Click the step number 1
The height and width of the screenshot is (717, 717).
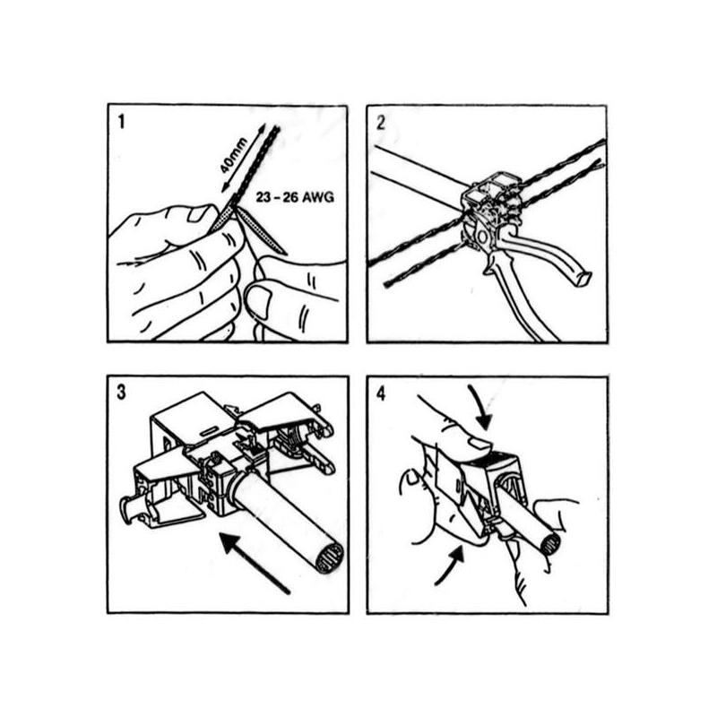[x=121, y=122]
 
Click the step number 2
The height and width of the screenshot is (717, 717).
[x=380, y=123]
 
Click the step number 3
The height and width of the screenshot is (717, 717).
[x=121, y=393]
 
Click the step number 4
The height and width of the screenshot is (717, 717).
[x=381, y=393]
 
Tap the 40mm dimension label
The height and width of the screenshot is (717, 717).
[x=234, y=155]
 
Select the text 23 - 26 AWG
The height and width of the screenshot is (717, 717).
[x=295, y=197]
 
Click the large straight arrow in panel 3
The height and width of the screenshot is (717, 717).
[x=255, y=563]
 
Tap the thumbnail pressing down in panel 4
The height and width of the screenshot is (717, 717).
[x=479, y=442]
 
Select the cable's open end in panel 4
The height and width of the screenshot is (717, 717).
[x=550, y=544]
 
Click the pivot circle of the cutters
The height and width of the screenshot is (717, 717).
[x=482, y=237]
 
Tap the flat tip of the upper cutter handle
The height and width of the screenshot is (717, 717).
[x=581, y=278]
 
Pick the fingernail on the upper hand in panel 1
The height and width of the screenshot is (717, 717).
[x=200, y=213]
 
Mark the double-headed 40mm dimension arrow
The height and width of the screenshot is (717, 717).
[x=242, y=157]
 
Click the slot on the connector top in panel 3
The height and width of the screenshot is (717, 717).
[x=210, y=431]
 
